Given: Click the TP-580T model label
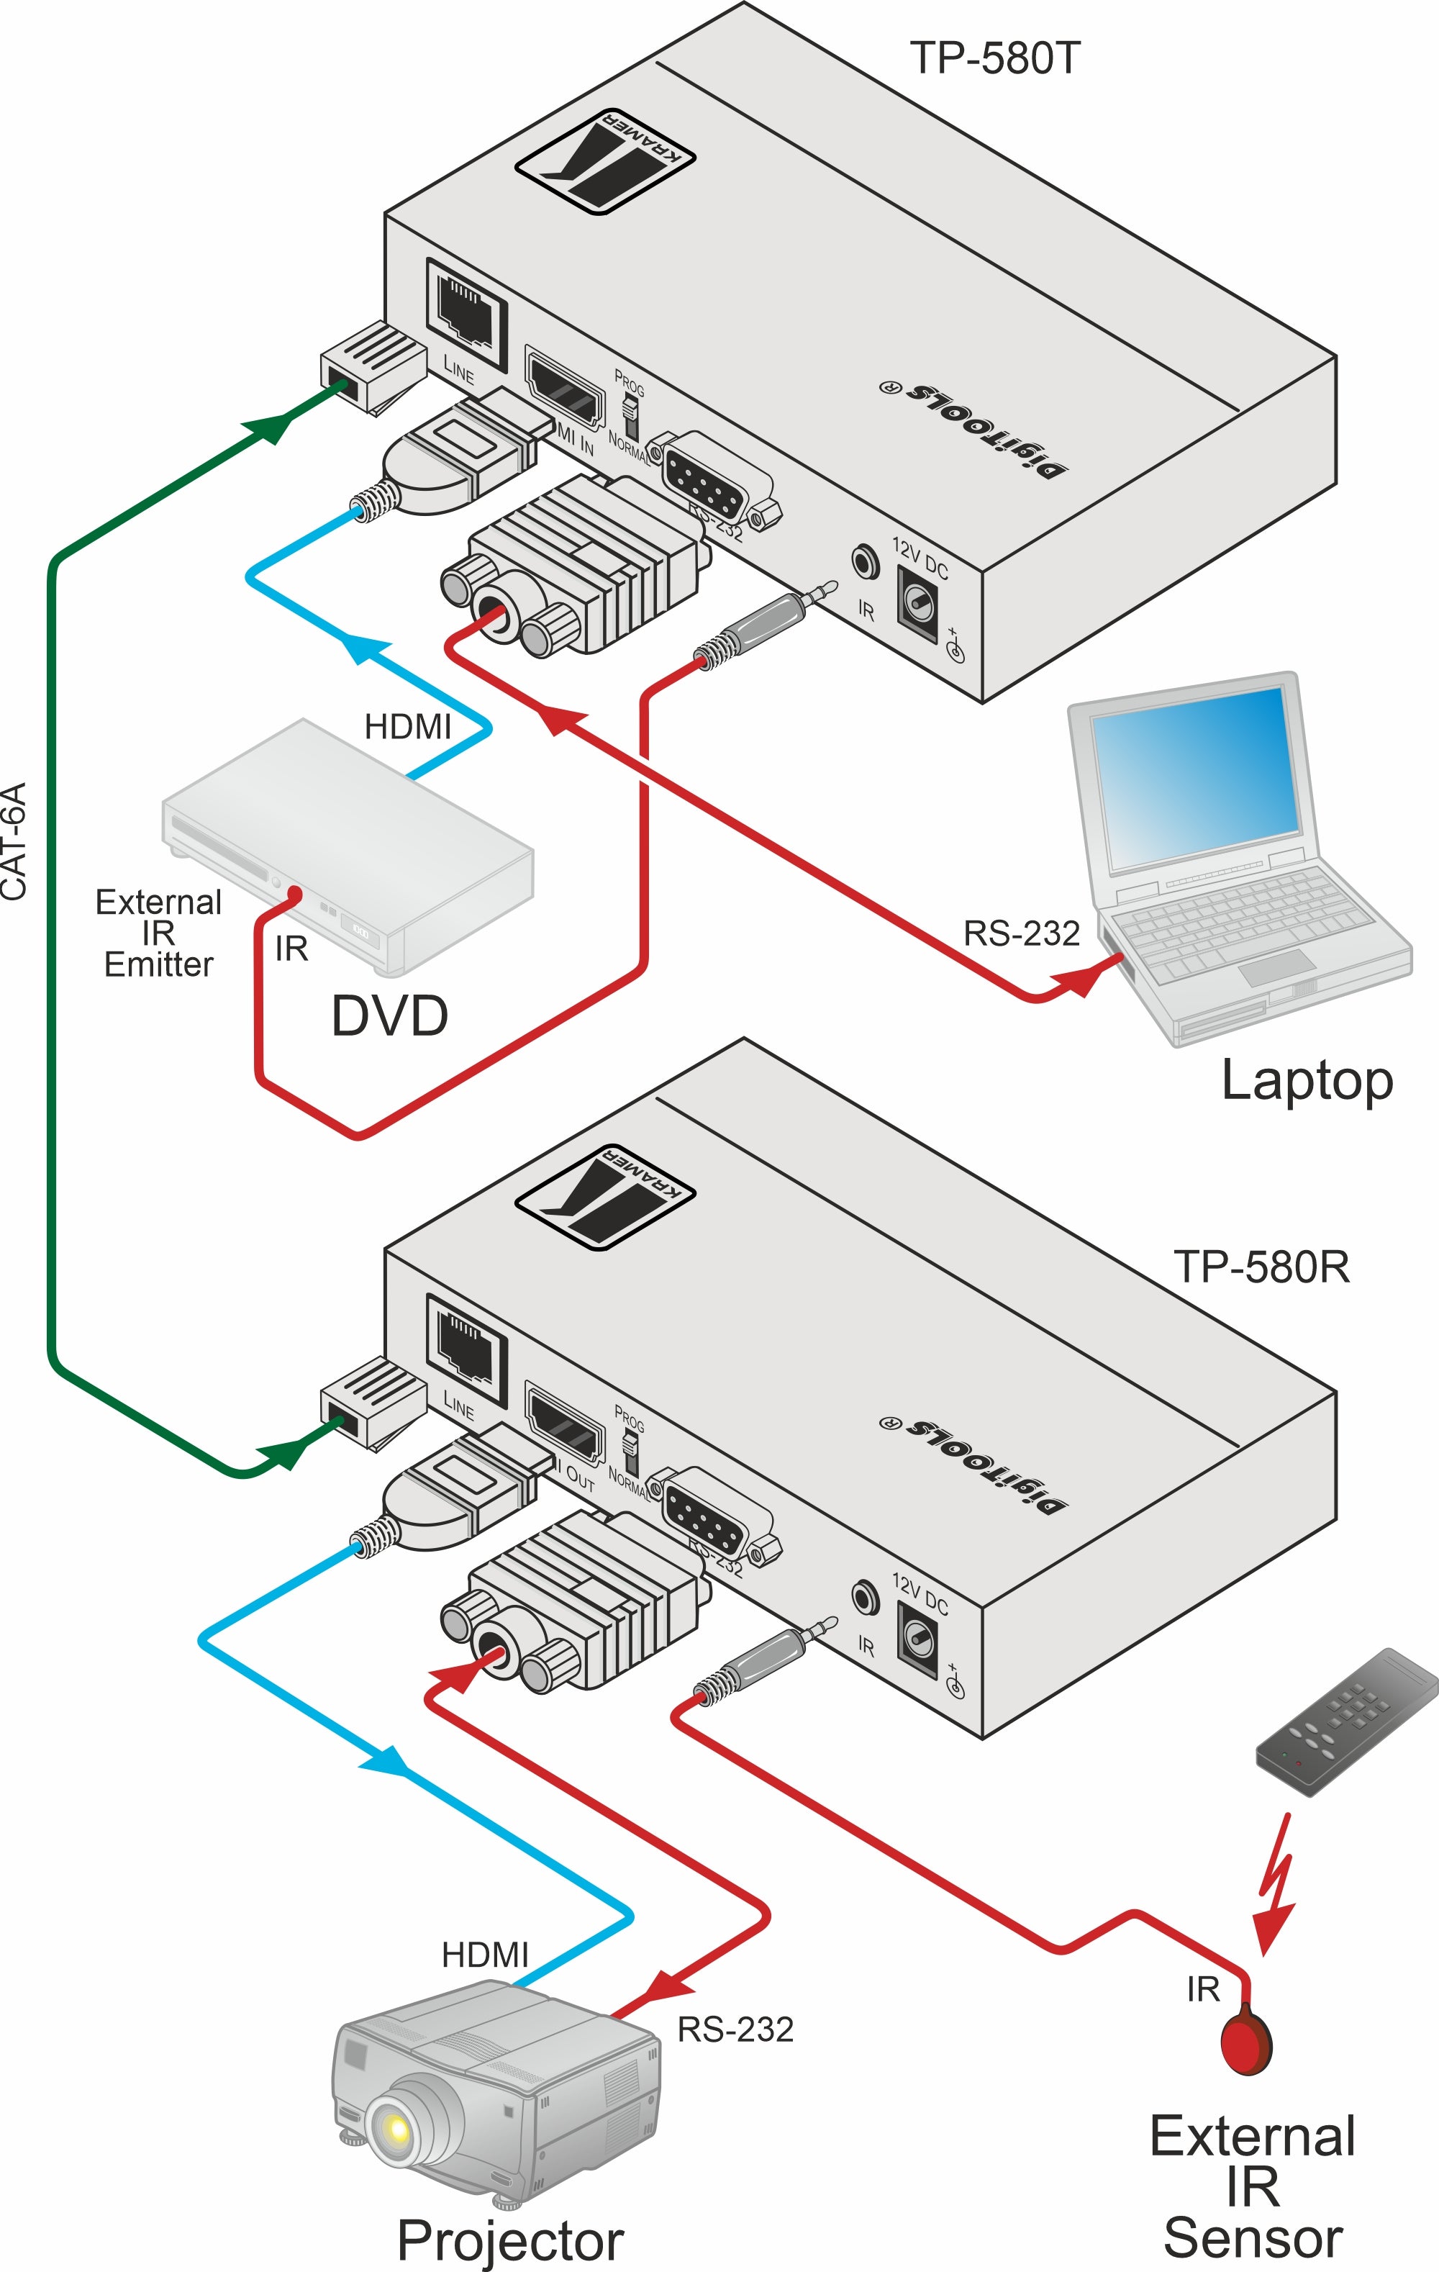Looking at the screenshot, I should pyautogui.click(x=994, y=58).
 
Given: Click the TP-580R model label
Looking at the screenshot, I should pyautogui.click(x=1261, y=1267).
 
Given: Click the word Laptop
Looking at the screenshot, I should pyautogui.click(x=1306, y=1081).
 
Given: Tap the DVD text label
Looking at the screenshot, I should pyautogui.click(x=389, y=1016).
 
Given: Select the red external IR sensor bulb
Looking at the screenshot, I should pyautogui.click(x=1245, y=2044).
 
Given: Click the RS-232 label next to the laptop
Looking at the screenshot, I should pyautogui.click(x=1021, y=933).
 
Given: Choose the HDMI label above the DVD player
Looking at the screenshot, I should pyautogui.click(x=408, y=727).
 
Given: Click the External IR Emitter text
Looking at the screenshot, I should pyautogui.click(x=158, y=933).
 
